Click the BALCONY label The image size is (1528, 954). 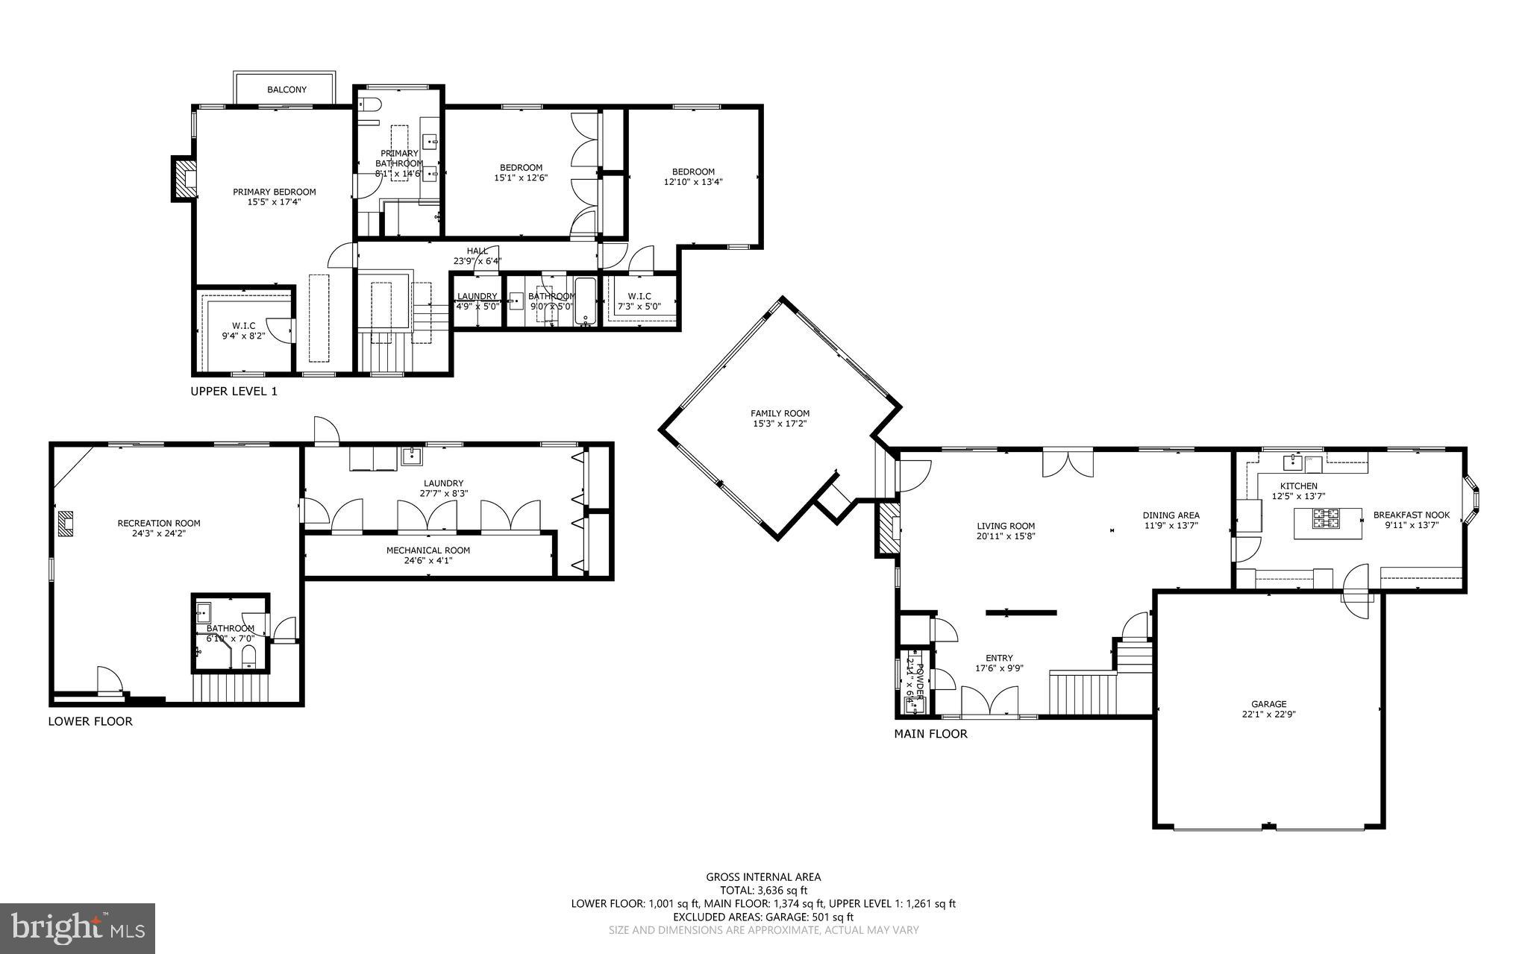[x=286, y=90]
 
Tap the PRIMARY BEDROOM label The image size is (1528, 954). [x=274, y=192]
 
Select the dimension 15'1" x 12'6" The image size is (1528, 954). [x=521, y=178]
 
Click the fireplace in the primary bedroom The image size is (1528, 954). [x=184, y=178]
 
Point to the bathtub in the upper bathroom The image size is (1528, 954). [x=586, y=301]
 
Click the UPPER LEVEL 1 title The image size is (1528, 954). [x=234, y=391]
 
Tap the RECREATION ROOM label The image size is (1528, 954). [x=159, y=523]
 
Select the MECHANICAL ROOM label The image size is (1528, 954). [x=428, y=550]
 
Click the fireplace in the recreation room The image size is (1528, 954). [x=66, y=523]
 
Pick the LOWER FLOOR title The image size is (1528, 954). [x=90, y=721]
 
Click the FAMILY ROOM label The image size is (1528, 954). [x=780, y=413]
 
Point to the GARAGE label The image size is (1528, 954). [x=1268, y=703]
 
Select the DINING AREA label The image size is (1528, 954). [x=1171, y=515]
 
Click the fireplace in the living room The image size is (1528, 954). [x=889, y=529]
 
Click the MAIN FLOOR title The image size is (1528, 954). [x=930, y=734]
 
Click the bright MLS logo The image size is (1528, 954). [x=78, y=928]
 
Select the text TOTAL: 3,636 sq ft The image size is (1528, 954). [x=763, y=890]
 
